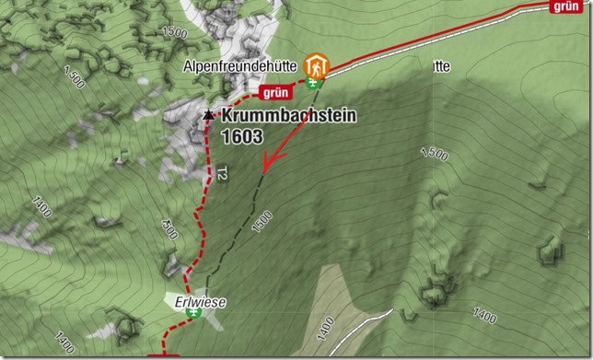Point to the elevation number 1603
coord(242,135)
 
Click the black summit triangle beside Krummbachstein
coord(209,116)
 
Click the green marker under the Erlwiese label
coord(193,313)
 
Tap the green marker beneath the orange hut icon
coord(318,84)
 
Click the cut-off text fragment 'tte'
coord(439,66)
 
